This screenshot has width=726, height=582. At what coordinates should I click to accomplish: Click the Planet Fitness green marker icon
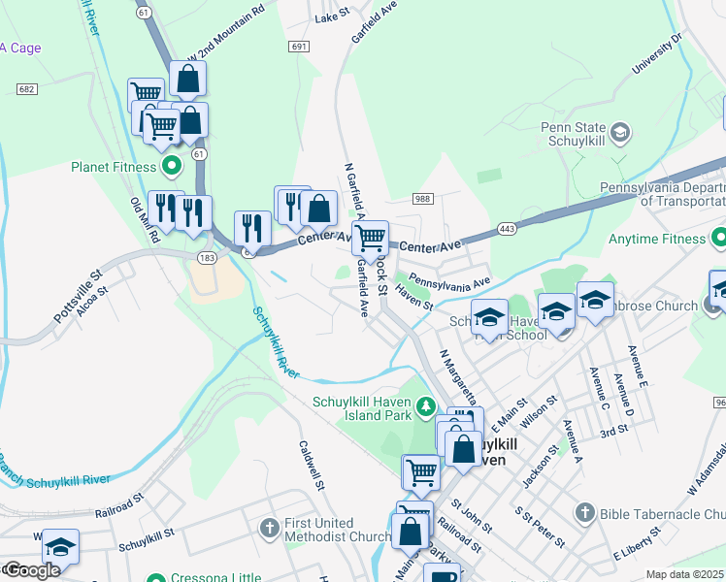pyautogui.click(x=172, y=167)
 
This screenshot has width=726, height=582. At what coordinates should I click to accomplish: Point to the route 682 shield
pyautogui.click(x=27, y=89)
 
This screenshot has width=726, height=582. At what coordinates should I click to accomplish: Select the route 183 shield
pyautogui.click(x=206, y=257)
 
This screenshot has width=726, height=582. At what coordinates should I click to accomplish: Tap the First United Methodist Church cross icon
pyautogui.click(x=270, y=529)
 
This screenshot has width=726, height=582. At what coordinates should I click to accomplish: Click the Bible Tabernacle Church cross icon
pyautogui.click(x=584, y=511)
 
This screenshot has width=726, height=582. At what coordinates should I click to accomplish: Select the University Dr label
pyautogui.click(x=657, y=56)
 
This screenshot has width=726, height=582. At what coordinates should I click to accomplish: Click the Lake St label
pyautogui.click(x=331, y=16)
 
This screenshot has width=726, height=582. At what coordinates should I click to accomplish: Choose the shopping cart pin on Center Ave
pyautogui.click(x=370, y=238)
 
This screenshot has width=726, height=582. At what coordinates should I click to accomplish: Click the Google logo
pyautogui.click(x=32, y=570)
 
